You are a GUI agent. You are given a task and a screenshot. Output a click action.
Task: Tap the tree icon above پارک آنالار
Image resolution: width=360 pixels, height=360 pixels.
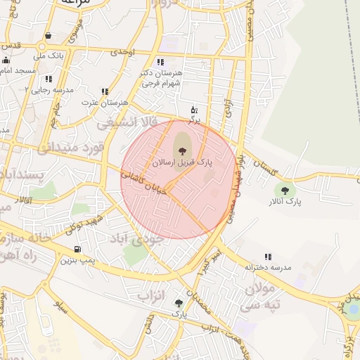coord(285,190)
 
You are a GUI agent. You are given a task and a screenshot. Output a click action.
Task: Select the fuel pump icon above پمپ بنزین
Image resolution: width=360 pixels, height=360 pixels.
coord(77,249)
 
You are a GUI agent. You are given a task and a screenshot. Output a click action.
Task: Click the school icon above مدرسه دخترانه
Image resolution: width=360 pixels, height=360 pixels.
coord(268,257)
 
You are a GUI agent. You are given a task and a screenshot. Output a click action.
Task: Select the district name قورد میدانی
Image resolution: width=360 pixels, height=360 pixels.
coord(70,148)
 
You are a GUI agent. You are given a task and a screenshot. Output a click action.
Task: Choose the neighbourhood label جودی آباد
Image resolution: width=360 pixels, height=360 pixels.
coord(137,238)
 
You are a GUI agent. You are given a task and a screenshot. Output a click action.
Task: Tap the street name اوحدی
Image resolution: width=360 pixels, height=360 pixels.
coord(122,52)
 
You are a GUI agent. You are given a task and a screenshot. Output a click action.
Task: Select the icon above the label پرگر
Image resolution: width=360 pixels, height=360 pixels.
coord(194,110)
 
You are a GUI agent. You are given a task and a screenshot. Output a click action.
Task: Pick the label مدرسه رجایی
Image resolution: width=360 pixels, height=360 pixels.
coord(46,89)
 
